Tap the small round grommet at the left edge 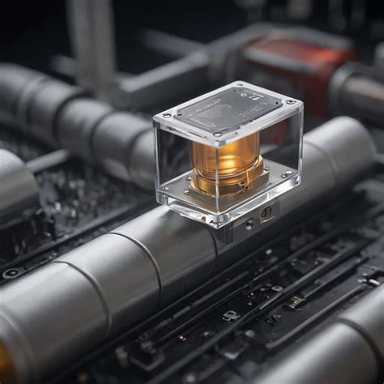[x=11, y=273]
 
